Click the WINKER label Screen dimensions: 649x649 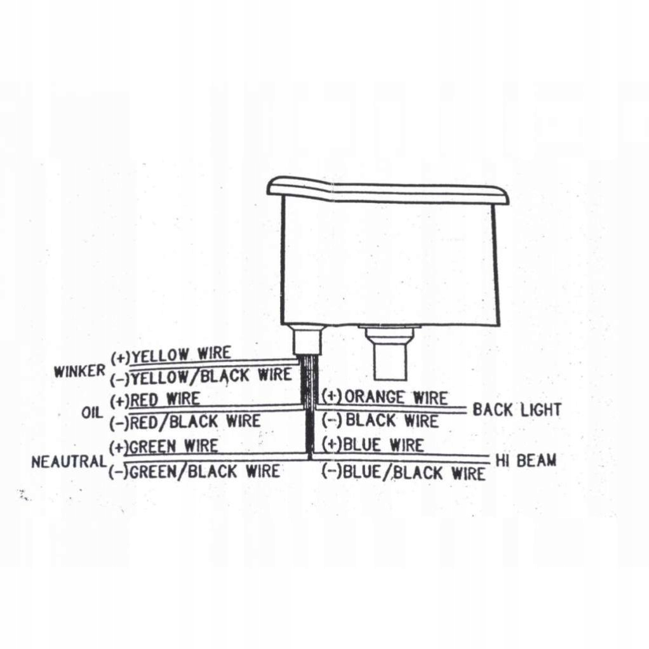coord(79,371)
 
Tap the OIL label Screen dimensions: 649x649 coord(92,412)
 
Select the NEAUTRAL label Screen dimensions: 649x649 coord(69,462)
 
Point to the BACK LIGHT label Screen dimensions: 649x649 coord(516,410)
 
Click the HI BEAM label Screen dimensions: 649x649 coord(525,460)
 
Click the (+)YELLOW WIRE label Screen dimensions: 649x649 coord(171,354)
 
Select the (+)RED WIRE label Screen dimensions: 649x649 coord(155,399)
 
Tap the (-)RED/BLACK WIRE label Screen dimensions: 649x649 coord(185,422)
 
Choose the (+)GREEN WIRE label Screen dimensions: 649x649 coord(164,446)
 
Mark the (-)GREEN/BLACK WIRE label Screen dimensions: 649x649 coord(194,471)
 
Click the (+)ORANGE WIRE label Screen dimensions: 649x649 coord(385,398)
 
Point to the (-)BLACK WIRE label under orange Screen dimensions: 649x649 coord(380,420)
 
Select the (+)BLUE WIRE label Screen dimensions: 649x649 coord(373,445)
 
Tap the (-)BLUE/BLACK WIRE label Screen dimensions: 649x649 coord(404,472)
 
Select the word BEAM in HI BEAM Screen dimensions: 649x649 coord(536,460)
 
